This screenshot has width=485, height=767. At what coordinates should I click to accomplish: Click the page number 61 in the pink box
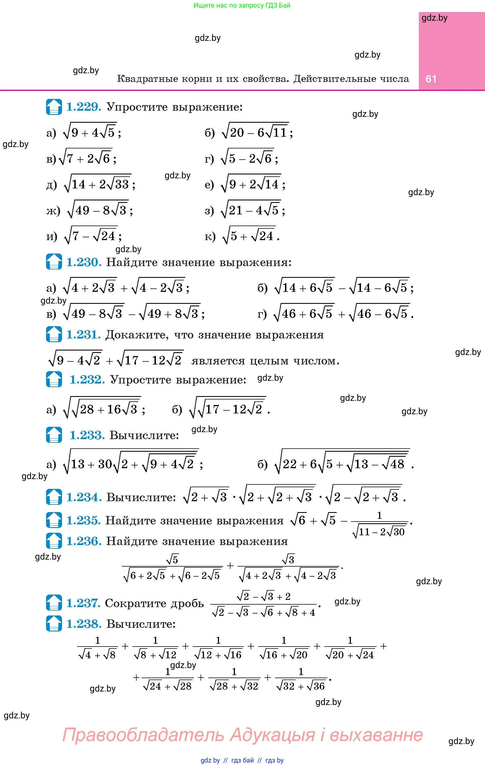coord(431,79)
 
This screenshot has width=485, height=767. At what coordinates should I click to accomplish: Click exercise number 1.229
coord(84,107)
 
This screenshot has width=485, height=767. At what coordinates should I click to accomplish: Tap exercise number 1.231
coord(84,335)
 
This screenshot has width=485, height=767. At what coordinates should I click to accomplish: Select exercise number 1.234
coord(84,497)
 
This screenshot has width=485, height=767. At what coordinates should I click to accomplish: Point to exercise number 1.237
coord(84,603)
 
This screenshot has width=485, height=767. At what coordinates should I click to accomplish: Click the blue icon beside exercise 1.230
coord(54,262)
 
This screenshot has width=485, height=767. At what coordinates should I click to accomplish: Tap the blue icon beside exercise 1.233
coord(54,435)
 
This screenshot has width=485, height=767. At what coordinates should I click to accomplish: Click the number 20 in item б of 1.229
coord(237,132)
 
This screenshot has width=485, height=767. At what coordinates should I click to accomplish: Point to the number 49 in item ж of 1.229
coord(82,210)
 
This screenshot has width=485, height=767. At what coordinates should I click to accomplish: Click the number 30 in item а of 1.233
coord(105,464)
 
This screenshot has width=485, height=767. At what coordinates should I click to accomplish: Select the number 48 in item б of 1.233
coord(397,464)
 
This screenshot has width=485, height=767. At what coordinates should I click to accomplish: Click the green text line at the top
coord(242,5)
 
